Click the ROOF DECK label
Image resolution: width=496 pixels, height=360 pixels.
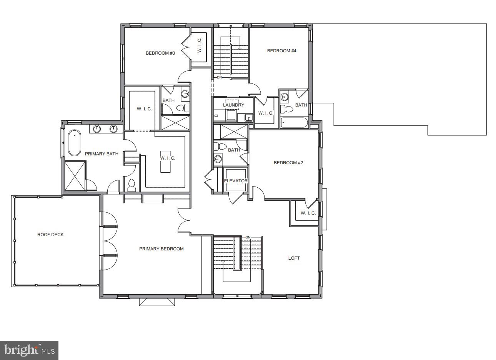pyautogui.click(x=50, y=235)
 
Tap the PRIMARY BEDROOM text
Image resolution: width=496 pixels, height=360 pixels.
pyautogui.click(x=161, y=249)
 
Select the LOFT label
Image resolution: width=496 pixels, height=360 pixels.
pyautogui.click(x=294, y=258)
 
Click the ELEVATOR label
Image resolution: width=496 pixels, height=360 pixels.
pyautogui.click(x=236, y=181)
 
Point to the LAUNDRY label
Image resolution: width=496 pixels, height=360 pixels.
pyautogui.click(x=233, y=105)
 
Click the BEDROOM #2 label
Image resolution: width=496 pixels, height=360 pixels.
pyautogui.click(x=288, y=163)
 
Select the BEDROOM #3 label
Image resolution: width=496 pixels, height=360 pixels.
pyautogui.click(x=160, y=53)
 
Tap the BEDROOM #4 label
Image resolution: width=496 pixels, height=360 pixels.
pyautogui.click(x=281, y=51)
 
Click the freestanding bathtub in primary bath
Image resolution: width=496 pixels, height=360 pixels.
pyautogui.click(x=74, y=143)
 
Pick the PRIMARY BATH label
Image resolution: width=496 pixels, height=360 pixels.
pyautogui.click(x=102, y=154)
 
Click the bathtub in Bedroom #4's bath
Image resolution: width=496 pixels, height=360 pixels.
pyautogui.click(x=294, y=123)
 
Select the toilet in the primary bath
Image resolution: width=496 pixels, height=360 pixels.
pyautogui.click(x=131, y=185)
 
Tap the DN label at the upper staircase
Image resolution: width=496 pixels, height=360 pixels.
pyautogui.click(x=219, y=77)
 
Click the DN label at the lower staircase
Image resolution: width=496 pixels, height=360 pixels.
pyautogui.click(x=248, y=237)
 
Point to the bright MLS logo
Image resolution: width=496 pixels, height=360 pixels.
pyautogui.click(x=29, y=350)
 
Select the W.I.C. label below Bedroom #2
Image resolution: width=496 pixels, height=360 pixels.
pyautogui.click(x=308, y=213)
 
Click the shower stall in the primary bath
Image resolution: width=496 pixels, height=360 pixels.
pyautogui.click(x=75, y=176)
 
